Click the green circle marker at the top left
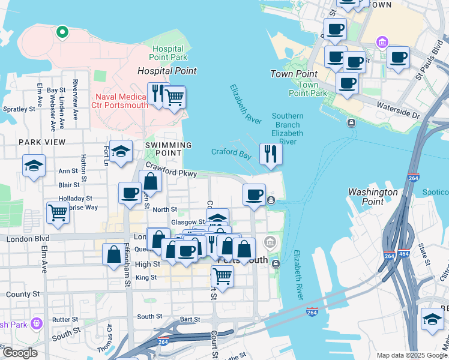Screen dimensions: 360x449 61,32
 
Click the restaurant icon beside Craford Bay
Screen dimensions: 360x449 271,154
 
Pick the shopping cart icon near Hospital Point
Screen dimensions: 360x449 174,97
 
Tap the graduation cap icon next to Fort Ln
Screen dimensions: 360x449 121,152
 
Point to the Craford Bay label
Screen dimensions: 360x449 231,152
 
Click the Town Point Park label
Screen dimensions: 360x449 308,89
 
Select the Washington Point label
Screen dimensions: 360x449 373,197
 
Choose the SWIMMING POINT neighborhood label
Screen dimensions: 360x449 168,149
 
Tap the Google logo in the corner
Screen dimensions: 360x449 20,352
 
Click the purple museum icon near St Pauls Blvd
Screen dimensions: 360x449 381,43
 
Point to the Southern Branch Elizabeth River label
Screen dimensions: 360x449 287,128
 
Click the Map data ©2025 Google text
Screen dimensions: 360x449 412,355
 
